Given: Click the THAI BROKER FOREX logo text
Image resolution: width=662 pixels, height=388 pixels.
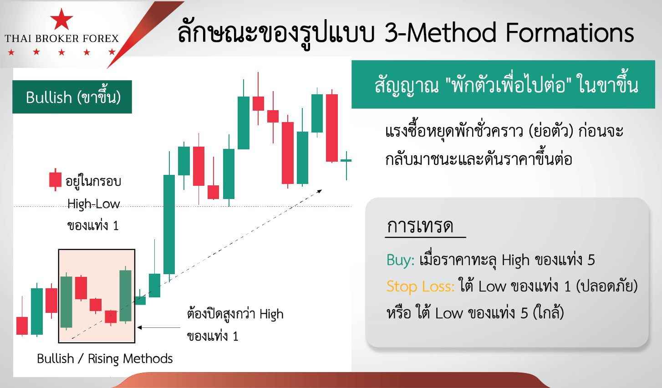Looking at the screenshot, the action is [x=61, y=38].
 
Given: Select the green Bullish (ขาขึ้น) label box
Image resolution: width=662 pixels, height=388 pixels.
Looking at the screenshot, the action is [x=72, y=97].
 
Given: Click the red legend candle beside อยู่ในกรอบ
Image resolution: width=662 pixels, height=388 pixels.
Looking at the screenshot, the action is [x=55, y=180].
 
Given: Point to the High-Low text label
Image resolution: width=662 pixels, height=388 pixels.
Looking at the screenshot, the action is [x=93, y=204].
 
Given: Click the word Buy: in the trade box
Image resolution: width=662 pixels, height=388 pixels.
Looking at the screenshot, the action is [x=401, y=260].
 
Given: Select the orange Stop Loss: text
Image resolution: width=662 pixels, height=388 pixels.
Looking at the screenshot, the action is [x=420, y=286].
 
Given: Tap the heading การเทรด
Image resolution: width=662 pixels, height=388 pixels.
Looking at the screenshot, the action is [x=420, y=226].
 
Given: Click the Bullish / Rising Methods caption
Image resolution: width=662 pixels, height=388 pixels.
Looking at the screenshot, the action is [x=105, y=359].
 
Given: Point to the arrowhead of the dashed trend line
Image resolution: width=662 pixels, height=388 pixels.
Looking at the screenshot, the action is [x=320, y=191].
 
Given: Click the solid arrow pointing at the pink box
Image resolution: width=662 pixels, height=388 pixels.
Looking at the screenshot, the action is [x=159, y=327].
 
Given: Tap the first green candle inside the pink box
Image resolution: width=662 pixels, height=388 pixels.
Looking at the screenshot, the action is [x=66, y=302].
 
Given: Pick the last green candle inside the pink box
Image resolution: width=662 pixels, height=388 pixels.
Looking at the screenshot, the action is [x=126, y=296].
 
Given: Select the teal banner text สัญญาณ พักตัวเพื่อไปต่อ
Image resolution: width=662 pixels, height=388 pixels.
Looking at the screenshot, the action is [x=506, y=86].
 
